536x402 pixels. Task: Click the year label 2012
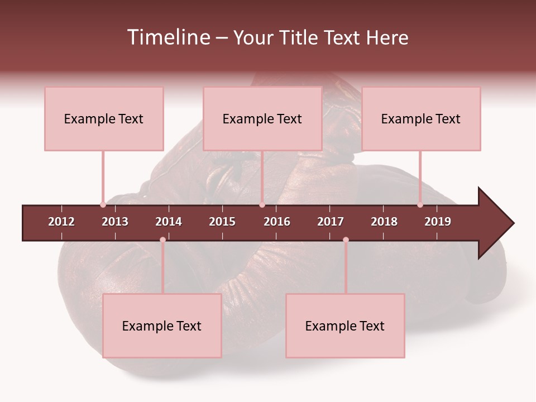coord(61,222)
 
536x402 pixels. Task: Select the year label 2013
coord(115,222)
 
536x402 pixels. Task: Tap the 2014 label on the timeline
coord(169,222)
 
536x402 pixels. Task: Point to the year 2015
coord(222,222)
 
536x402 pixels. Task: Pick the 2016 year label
coord(277,222)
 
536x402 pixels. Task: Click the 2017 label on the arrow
coord(331,222)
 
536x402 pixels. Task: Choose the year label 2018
coord(384,222)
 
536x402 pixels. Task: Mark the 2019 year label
coord(438,222)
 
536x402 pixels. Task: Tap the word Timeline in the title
coord(167,37)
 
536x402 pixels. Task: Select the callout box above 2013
coord(104,118)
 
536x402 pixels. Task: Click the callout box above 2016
coord(262,118)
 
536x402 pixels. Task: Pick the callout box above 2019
coord(421,118)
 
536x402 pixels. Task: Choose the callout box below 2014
coord(162,326)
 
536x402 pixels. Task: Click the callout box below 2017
coord(345,326)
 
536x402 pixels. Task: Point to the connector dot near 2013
coord(103,205)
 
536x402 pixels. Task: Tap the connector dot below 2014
coord(162,240)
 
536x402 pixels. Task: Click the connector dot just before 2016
coord(262,205)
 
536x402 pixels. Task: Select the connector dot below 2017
coord(346,240)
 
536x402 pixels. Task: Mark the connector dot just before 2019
coord(420,205)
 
